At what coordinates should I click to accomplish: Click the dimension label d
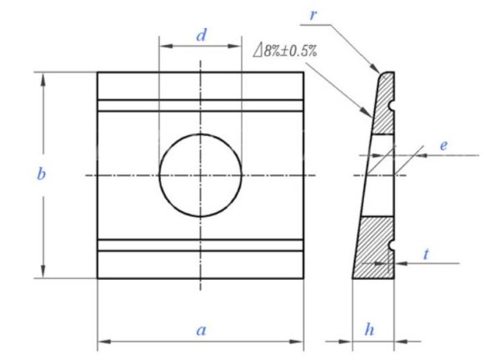200,35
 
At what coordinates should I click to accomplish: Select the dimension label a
200,330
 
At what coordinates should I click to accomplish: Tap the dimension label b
41,175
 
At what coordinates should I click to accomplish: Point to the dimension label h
371,329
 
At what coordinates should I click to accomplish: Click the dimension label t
426,254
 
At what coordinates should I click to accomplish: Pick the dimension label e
443,146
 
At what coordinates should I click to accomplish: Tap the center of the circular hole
200,175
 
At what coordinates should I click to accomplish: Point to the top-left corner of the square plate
97,72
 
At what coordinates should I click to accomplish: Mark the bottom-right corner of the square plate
302,278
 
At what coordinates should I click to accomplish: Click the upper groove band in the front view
200,104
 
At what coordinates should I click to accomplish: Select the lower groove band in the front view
200,246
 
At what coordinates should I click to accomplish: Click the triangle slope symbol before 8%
257,50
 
